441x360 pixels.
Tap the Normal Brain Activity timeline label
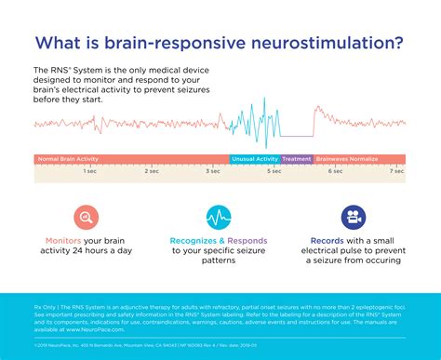pos(68,159)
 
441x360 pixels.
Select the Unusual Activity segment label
pos(254,159)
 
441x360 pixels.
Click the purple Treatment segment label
pos(297,159)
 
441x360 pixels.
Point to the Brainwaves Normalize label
pos(347,159)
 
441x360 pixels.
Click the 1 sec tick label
pos(90,171)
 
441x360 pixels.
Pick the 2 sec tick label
pos(153,171)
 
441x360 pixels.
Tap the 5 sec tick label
pos(274,171)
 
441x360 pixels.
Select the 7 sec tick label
pos(396,171)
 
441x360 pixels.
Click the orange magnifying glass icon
pos(87,218)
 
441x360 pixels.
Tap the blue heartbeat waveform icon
pos(220,218)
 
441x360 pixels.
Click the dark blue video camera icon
pos(353,218)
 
